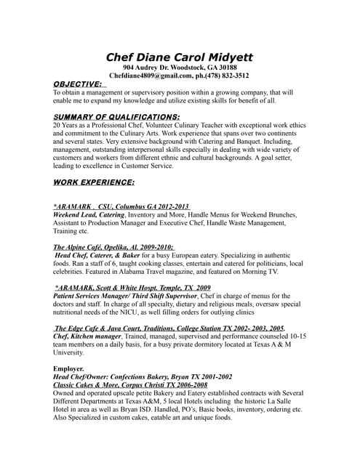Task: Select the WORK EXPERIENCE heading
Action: coord(94,182)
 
